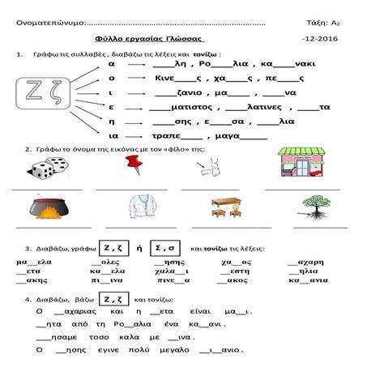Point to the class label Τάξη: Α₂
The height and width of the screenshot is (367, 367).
pos(322,22)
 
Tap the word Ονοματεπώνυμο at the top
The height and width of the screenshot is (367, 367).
pos(49,22)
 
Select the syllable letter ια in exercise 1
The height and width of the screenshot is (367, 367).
pos(113,137)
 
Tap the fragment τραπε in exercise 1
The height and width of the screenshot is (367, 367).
pos(167,137)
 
